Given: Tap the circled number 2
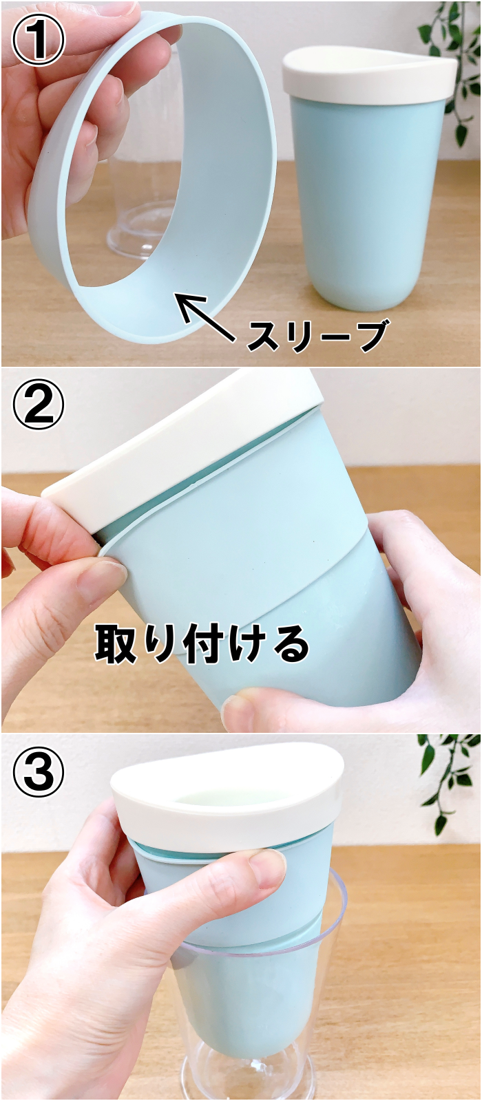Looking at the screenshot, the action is click(x=39, y=406).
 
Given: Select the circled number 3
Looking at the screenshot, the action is click(x=39, y=775).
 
